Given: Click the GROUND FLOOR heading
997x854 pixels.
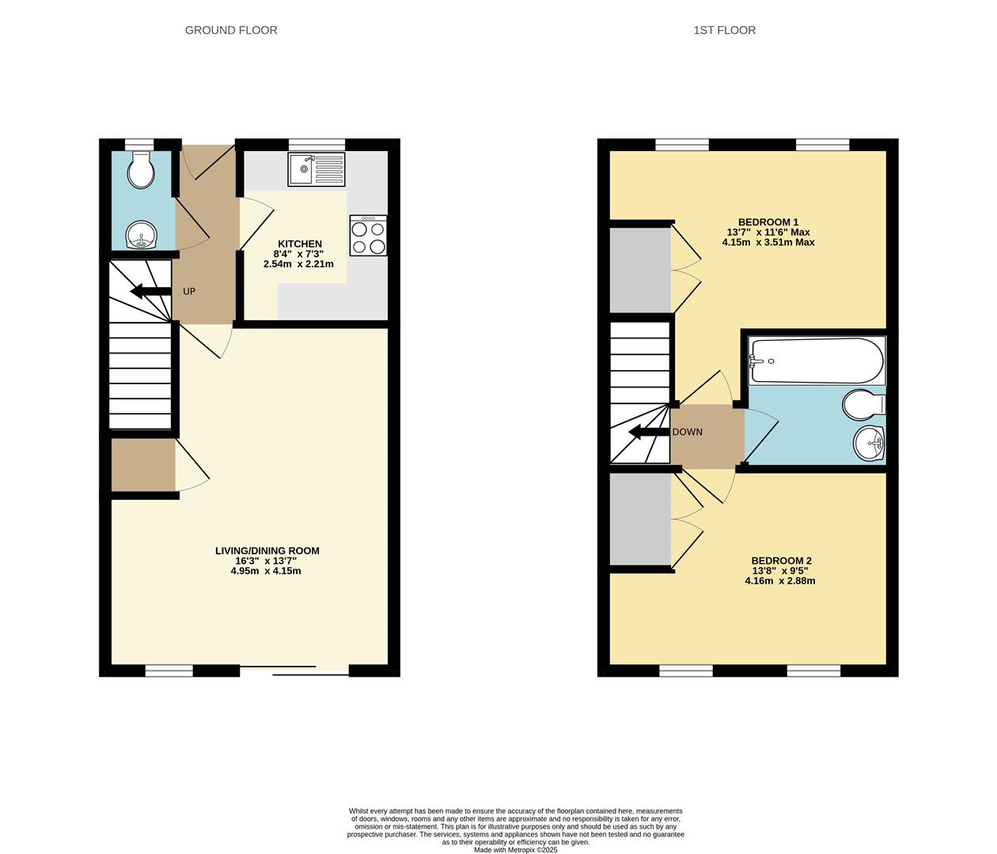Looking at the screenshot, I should (x=231, y=30).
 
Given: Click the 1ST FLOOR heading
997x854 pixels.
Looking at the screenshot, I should (x=724, y=30).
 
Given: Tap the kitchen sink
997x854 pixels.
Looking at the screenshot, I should (x=317, y=168).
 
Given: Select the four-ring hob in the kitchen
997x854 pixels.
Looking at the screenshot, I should (x=369, y=236).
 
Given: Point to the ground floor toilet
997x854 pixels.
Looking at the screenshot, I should (x=142, y=171).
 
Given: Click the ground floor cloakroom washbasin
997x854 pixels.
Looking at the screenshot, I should (x=142, y=235).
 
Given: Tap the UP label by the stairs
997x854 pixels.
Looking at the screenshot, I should (x=189, y=291).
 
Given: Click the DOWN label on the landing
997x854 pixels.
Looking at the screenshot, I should (x=687, y=432).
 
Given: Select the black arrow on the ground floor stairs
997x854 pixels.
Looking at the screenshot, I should (x=150, y=291).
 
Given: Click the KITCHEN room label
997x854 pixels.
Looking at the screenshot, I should (x=299, y=244).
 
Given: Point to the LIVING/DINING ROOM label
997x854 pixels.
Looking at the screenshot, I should (x=267, y=550).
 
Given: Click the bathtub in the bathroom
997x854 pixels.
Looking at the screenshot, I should (x=817, y=361).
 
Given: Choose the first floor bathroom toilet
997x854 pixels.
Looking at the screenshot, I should (x=863, y=405).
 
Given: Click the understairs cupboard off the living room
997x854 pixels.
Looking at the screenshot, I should (x=142, y=465).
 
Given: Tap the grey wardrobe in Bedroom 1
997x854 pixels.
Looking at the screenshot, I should (x=640, y=270).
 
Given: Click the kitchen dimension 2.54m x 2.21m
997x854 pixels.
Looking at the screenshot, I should (x=299, y=264).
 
